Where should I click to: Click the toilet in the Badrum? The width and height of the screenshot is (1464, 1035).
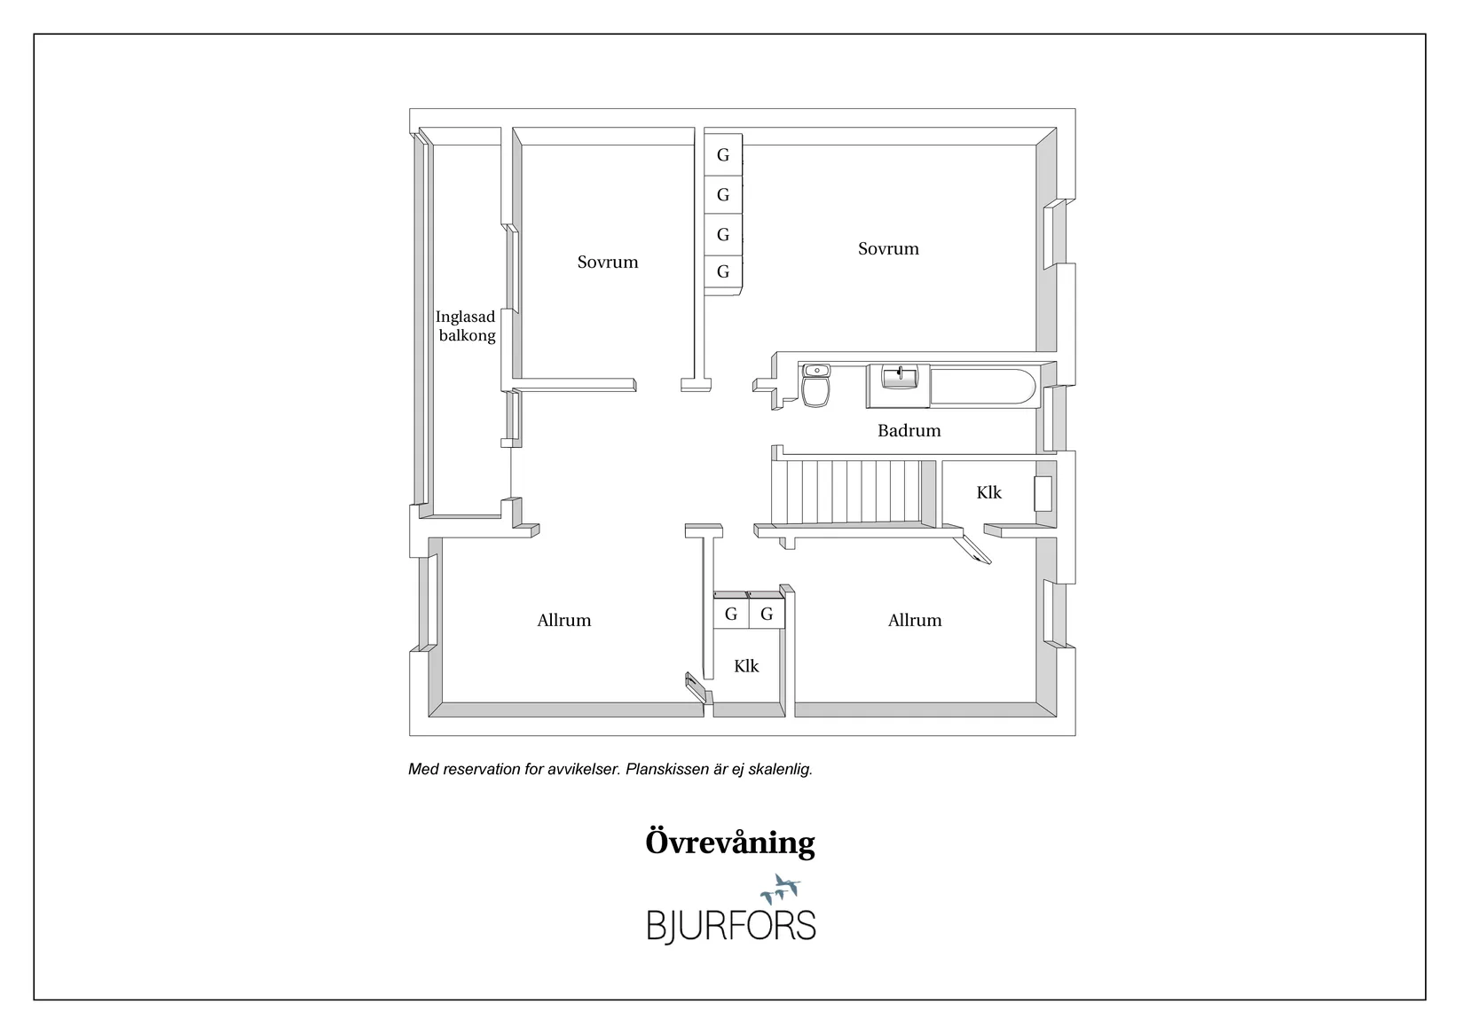point(815,388)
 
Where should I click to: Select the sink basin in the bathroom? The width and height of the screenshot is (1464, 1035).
point(898,378)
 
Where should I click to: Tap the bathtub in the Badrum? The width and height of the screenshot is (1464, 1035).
point(982,387)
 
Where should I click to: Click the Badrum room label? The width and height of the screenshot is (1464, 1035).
point(909,431)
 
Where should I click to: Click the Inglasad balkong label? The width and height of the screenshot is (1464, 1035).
point(466,326)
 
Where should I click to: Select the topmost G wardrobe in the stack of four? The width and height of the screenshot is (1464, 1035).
point(722,155)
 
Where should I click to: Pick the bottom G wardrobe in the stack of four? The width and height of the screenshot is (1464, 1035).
point(722,271)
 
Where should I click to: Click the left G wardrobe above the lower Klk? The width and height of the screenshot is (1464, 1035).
point(730,614)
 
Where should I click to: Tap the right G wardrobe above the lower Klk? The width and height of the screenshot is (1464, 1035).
point(767,614)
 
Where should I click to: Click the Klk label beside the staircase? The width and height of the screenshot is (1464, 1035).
point(988,493)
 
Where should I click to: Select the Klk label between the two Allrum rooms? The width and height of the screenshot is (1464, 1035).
point(745,666)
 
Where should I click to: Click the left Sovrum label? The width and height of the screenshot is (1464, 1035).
point(608,263)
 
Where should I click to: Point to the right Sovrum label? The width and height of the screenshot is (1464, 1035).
point(888,249)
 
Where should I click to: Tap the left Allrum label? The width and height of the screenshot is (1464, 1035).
point(563,621)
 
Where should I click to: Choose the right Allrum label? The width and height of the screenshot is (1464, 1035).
point(915,621)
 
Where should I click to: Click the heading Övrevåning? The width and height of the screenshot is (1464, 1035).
point(729,843)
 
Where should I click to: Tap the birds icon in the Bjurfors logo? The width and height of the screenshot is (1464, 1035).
point(782,886)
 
